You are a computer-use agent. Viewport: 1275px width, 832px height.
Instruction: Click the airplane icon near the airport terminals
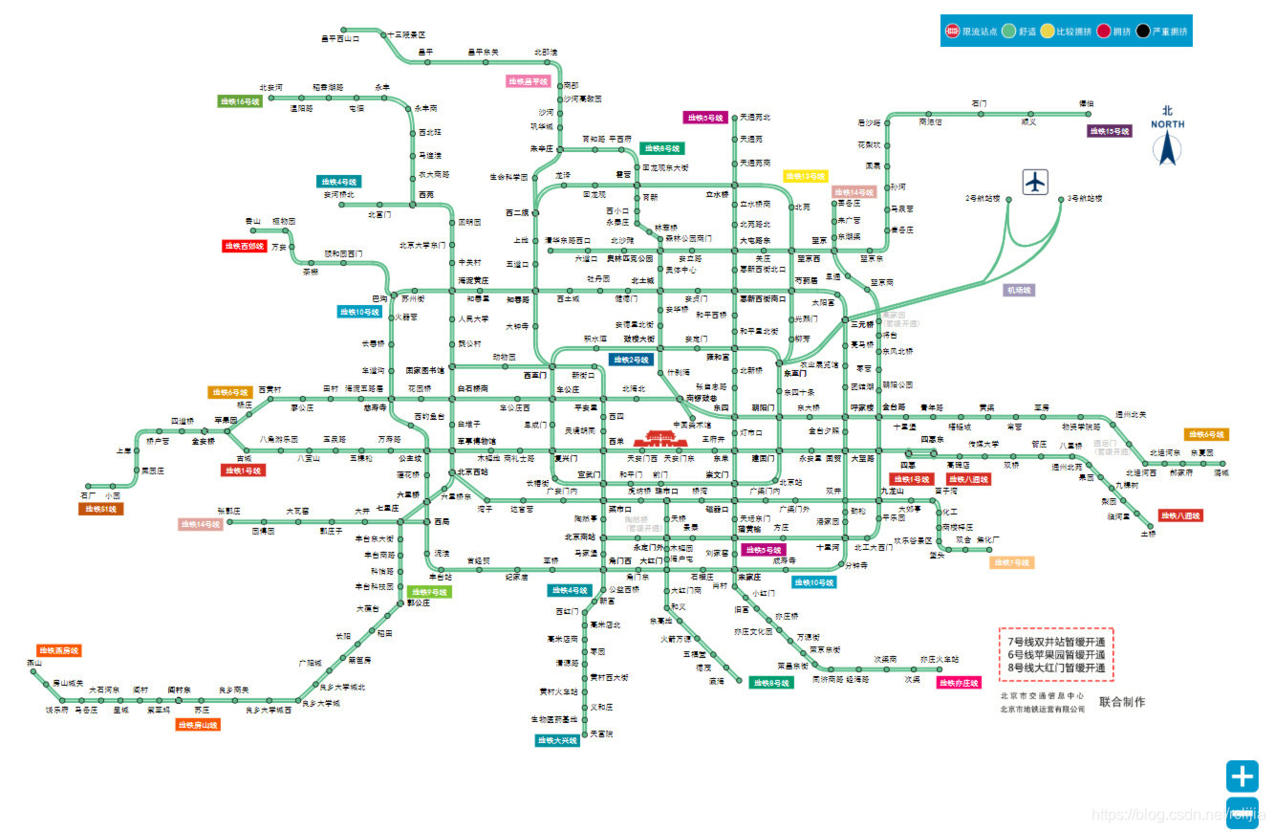tap(1036, 182)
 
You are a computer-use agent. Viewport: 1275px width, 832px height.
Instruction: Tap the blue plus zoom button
tap(1243, 776)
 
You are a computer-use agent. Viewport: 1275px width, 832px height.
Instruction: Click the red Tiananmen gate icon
tap(659, 438)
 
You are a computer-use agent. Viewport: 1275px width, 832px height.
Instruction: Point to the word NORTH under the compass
tap(1167, 124)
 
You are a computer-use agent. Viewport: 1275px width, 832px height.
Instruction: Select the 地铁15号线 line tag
tap(1110, 131)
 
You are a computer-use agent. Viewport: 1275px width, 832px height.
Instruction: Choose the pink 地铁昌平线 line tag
tap(528, 81)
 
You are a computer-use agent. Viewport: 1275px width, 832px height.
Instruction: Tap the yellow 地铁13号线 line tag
tap(805, 176)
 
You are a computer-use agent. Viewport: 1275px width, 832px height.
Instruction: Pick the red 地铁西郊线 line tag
tap(244, 246)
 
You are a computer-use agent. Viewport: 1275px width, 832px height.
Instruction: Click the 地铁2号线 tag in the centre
tap(631, 360)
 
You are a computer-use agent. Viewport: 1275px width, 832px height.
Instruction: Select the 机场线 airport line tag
tap(1019, 289)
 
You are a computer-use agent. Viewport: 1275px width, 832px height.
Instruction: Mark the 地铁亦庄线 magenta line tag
tap(959, 683)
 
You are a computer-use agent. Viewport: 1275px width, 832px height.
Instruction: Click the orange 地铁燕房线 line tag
tap(58, 650)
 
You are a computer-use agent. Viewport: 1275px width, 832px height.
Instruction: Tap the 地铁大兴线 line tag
tap(557, 740)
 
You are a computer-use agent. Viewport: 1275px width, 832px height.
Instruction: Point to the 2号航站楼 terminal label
tap(982, 198)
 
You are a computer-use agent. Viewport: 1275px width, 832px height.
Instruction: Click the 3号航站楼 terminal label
tap(1085, 198)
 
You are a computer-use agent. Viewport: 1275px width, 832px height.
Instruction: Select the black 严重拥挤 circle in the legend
tap(1143, 31)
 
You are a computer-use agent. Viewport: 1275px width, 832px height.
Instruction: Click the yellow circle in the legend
tap(1048, 31)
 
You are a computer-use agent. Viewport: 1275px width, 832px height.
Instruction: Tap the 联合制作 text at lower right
tap(1122, 702)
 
